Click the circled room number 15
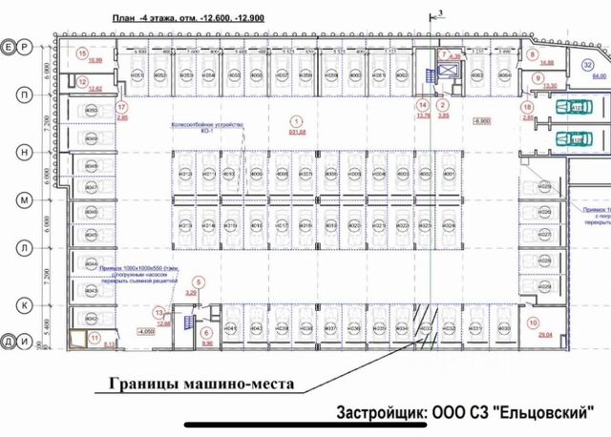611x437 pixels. coord(83,52)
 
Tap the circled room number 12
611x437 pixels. coord(83,82)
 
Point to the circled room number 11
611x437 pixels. coord(94,338)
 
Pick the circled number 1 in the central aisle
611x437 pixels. coord(296,121)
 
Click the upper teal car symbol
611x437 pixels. coord(573,108)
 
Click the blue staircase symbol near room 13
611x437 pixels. coord(188,321)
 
